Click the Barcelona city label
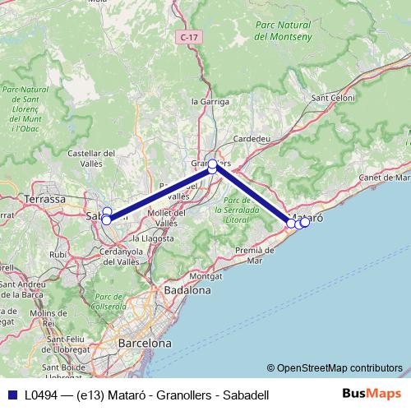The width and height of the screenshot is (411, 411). click(145, 343)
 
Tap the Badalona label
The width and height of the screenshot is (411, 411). click(187, 290)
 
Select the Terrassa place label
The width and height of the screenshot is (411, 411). click(46, 199)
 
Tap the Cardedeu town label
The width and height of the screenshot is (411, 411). click(252, 139)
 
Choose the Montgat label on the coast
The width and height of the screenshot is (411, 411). click(205, 276)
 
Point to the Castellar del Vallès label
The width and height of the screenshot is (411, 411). click(90, 158)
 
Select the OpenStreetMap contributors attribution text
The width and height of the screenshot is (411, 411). click(339, 367)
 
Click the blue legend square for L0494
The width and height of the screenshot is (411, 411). click(10, 395)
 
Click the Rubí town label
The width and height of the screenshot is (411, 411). click(58, 255)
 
